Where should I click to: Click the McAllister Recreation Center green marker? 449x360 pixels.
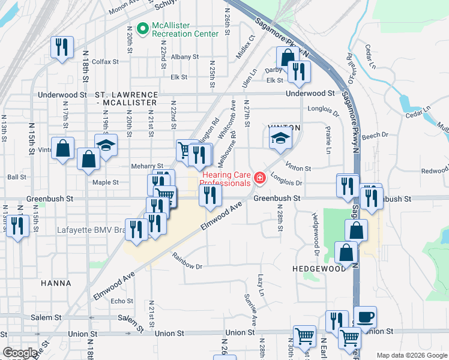click(143, 28)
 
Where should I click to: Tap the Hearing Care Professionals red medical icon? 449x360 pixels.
click(259, 178)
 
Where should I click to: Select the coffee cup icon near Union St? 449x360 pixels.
click(365, 316)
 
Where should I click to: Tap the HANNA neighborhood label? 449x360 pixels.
click(56, 283)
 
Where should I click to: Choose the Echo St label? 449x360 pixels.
click(122, 301)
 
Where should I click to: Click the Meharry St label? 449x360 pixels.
click(147, 166)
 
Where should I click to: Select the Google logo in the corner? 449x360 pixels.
click(20, 353)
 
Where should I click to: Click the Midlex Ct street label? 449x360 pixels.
click(246, 46)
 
